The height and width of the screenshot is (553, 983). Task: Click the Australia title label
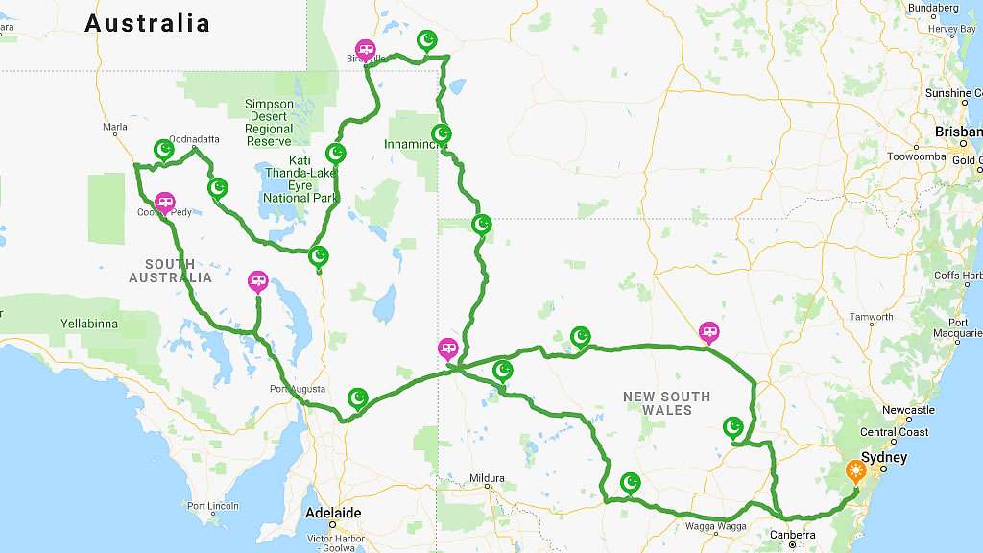[147, 23]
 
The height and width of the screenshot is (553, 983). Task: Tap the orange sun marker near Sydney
[854, 471]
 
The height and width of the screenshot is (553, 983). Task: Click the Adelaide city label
[333, 513]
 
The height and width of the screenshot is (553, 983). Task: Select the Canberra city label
[792, 535]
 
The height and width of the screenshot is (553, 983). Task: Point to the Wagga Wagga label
[716, 526]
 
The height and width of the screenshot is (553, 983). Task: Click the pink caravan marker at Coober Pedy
[165, 202]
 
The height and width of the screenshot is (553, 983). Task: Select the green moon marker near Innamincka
[442, 132]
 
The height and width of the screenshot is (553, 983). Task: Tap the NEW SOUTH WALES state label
[666, 403]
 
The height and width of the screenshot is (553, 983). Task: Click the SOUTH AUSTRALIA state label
[171, 271]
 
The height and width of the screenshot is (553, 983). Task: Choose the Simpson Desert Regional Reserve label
[269, 122]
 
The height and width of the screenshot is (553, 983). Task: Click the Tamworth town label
[871, 317]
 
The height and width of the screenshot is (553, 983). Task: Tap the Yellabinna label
[88, 324]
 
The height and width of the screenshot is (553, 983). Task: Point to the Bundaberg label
[934, 8]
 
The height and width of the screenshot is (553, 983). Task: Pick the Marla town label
[115, 127]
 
